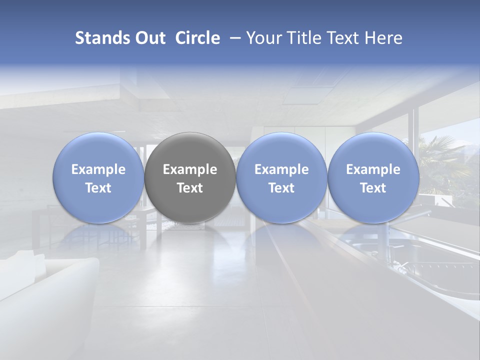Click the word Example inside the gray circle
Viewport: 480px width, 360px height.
[x=190, y=169]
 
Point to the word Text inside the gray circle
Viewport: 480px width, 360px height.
[x=190, y=188]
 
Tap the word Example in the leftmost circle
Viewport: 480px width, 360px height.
[x=98, y=169]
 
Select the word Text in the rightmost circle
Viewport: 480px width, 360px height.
[x=373, y=188]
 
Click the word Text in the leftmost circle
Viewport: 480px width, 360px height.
[x=98, y=188]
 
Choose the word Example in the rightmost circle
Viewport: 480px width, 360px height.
[x=373, y=169]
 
